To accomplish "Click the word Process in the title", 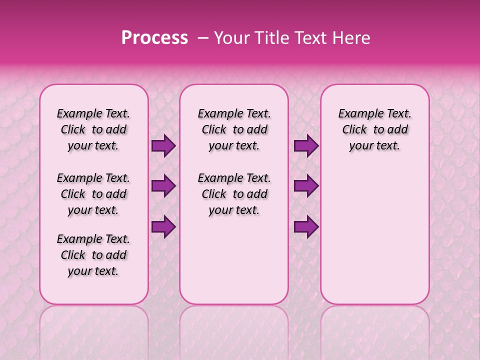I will click(x=154, y=38).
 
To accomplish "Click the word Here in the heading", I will click(x=352, y=38).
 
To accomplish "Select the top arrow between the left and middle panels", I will click(x=163, y=146).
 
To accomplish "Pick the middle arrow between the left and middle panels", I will click(x=163, y=186).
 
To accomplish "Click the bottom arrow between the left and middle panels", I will click(x=163, y=226).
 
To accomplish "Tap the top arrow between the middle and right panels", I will click(x=306, y=146).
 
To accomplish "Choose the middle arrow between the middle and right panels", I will click(x=306, y=186).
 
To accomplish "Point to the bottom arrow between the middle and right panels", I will click(x=306, y=226).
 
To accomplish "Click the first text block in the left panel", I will click(x=93, y=129).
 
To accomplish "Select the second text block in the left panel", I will click(x=93, y=194).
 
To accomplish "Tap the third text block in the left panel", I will click(x=93, y=255).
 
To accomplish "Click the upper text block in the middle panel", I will click(x=234, y=129).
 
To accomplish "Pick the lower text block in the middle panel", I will click(x=234, y=194).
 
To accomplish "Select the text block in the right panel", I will click(x=374, y=129).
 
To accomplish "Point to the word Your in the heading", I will click(x=229, y=38).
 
